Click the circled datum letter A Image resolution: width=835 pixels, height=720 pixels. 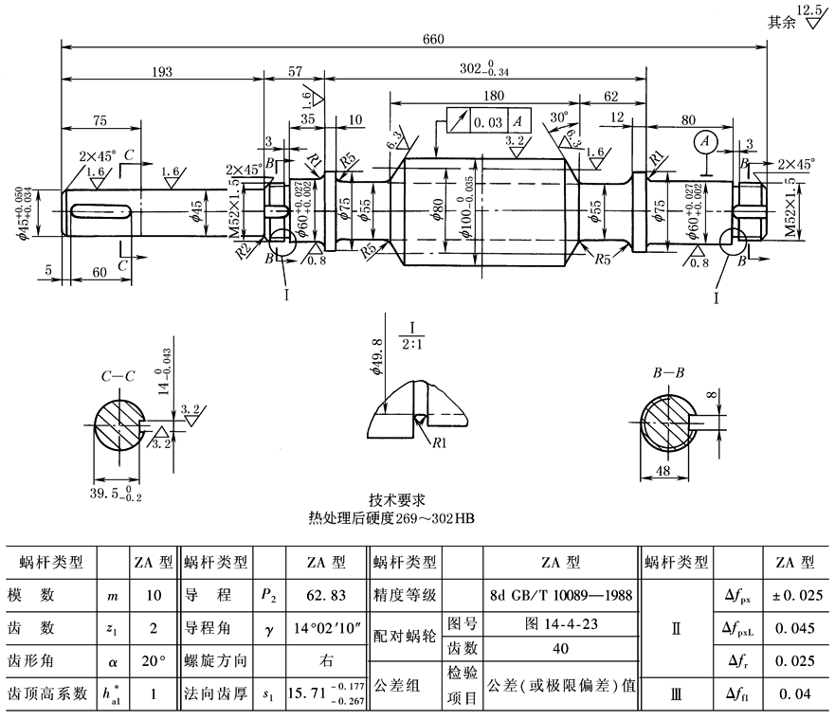(x=702, y=141)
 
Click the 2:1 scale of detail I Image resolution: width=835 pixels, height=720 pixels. (x=411, y=344)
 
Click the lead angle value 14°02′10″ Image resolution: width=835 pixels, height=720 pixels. (x=323, y=629)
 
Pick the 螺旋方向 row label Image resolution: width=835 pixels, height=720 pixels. (x=218, y=660)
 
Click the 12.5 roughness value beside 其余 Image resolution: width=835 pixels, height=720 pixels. (x=810, y=10)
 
